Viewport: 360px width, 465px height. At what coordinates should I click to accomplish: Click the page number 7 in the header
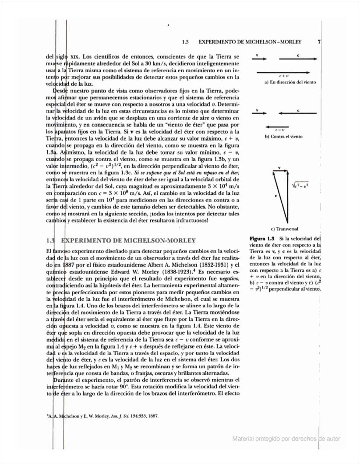click(319, 42)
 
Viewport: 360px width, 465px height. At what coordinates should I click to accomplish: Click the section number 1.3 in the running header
click(185, 42)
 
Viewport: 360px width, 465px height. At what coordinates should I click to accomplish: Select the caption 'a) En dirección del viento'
click(289, 82)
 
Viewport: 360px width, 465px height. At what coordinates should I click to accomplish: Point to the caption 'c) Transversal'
click(284, 229)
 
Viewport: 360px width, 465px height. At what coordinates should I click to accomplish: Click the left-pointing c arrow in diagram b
click(298, 113)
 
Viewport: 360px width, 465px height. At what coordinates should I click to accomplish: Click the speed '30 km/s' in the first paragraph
click(148, 63)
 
